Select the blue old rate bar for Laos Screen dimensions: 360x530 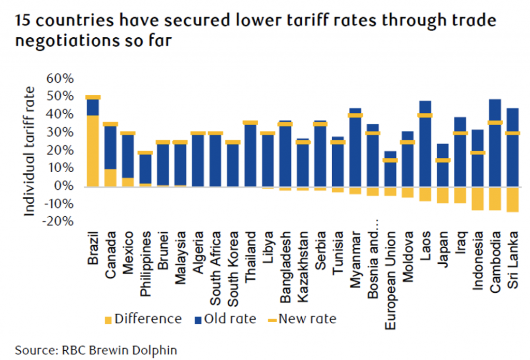pos(425,150)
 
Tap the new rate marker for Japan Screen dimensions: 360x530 pos(443,160)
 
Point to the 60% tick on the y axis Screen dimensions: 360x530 pos(61,79)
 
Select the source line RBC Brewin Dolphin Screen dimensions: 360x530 pos(96,350)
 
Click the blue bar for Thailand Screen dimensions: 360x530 pos(250,155)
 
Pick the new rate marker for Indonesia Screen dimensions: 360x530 pos(478,153)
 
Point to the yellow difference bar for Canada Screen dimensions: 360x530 pos(110,177)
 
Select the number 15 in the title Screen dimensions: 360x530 pos(24,21)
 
